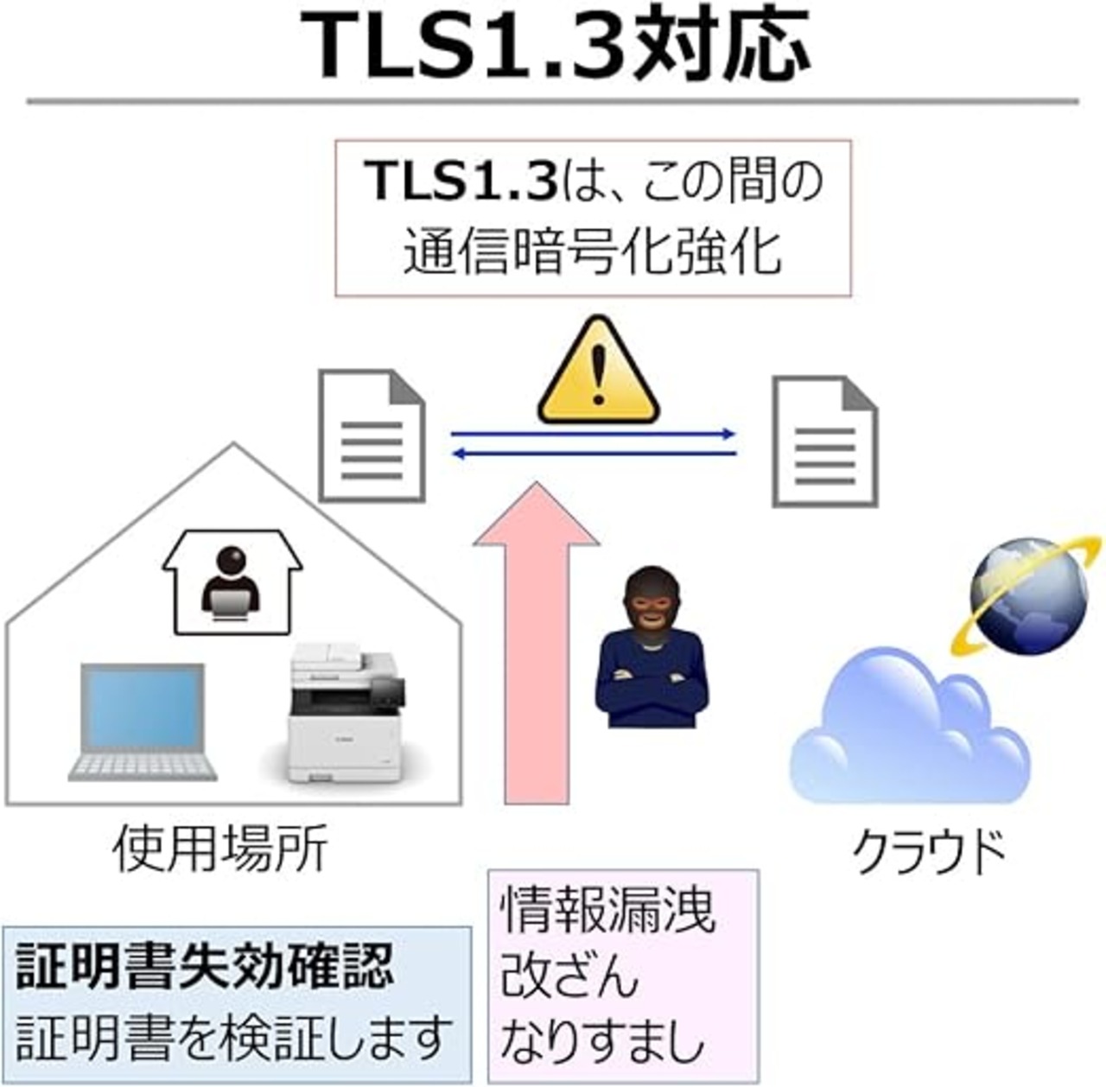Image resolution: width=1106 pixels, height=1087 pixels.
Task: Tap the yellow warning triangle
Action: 599,372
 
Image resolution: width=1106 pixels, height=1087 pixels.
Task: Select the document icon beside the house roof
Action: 372,436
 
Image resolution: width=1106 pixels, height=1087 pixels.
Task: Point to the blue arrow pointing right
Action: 593,434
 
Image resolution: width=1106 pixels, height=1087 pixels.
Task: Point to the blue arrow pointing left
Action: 594,455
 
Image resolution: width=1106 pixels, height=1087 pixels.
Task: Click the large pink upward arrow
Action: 537,643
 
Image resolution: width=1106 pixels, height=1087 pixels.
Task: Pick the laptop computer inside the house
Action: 143,722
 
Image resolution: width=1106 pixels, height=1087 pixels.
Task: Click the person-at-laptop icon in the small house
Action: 232,585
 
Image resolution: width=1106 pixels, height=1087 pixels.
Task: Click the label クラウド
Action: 928,852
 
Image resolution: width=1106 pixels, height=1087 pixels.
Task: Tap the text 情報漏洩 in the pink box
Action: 608,910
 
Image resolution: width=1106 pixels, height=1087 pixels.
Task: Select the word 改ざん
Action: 569,974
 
